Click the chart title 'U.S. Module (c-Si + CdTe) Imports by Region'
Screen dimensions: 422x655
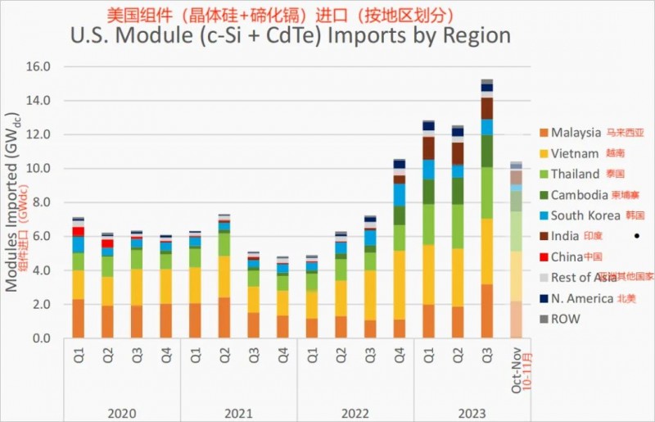(x=291, y=36)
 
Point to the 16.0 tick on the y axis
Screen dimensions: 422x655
(x=38, y=66)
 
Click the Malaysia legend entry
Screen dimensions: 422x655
(x=576, y=133)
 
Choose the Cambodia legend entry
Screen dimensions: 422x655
(x=579, y=195)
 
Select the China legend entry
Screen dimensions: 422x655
(x=567, y=257)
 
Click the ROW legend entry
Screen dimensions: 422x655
(x=565, y=319)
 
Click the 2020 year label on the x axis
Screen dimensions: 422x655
(x=123, y=412)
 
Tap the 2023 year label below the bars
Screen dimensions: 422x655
(x=472, y=412)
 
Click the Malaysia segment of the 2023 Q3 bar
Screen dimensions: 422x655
(x=487, y=311)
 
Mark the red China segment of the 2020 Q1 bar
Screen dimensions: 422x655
(x=79, y=232)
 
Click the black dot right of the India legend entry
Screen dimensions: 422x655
(x=635, y=237)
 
